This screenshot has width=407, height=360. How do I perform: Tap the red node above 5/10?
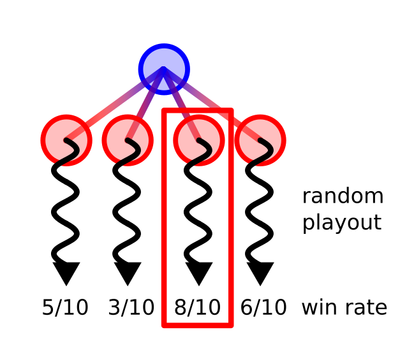point(66,140)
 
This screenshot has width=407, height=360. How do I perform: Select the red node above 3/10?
point(128,140)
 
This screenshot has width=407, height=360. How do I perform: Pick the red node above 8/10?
point(198,140)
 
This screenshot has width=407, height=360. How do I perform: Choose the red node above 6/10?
point(260,140)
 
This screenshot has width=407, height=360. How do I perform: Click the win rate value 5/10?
point(65,308)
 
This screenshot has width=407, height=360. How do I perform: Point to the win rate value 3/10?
point(131,308)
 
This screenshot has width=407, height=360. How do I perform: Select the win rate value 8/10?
point(198,308)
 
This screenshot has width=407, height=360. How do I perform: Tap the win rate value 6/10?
point(263,308)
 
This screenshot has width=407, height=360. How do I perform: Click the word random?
point(343,196)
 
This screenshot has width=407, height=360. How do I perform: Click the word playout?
point(341,223)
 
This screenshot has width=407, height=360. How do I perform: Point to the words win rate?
point(344,308)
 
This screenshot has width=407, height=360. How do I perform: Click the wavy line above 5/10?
point(65,204)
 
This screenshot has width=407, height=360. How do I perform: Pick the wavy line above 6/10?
point(259,204)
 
